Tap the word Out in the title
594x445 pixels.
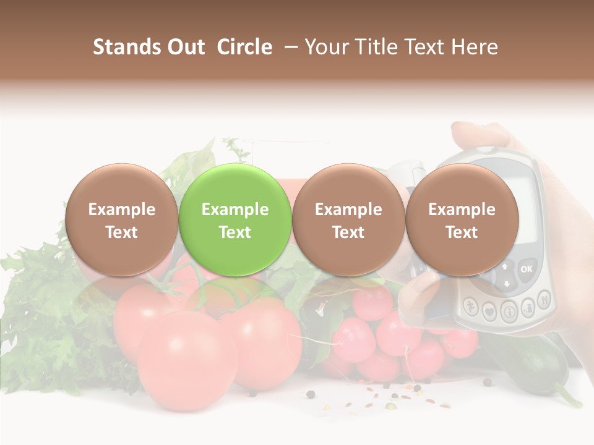click(x=186, y=47)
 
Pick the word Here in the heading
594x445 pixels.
click(x=476, y=47)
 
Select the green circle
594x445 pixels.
click(x=235, y=219)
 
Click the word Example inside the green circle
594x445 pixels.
click(x=235, y=210)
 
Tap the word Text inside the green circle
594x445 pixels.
click(x=235, y=232)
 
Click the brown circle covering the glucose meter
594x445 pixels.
click(x=462, y=219)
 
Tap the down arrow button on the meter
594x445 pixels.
click(x=507, y=284)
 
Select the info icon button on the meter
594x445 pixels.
click(x=509, y=310)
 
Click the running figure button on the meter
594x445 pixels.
click(x=472, y=307)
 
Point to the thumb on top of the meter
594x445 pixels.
click(x=476, y=132)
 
